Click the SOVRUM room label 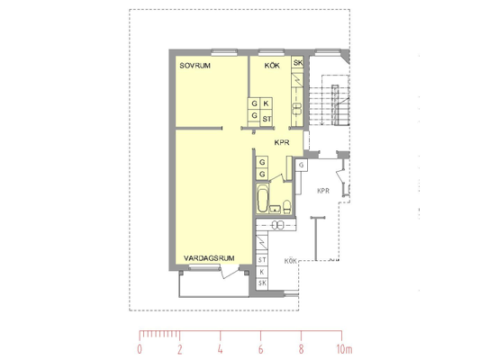(x=195, y=66)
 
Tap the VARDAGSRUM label (x=209, y=258)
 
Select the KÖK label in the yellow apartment (x=272, y=66)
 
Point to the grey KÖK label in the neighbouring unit (x=291, y=261)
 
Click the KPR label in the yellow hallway (x=282, y=142)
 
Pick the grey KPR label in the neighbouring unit (x=323, y=191)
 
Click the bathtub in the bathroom (x=263, y=198)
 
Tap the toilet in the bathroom (x=287, y=207)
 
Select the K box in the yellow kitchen (x=266, y=103)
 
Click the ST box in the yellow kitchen (x=267, y=118)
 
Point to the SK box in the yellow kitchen (x=297, y=62)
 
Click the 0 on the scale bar (x=140, y=349)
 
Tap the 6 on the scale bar (x=260, y=349)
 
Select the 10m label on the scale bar (x=344, y=349)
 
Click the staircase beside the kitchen (x=330, y=101)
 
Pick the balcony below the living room (x=214, y=283)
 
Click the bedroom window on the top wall (x=224, y=52)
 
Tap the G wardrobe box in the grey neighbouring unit (x=302, y=166)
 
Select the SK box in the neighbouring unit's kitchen (x=262, y=283)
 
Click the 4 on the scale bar (x=220, y=349)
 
